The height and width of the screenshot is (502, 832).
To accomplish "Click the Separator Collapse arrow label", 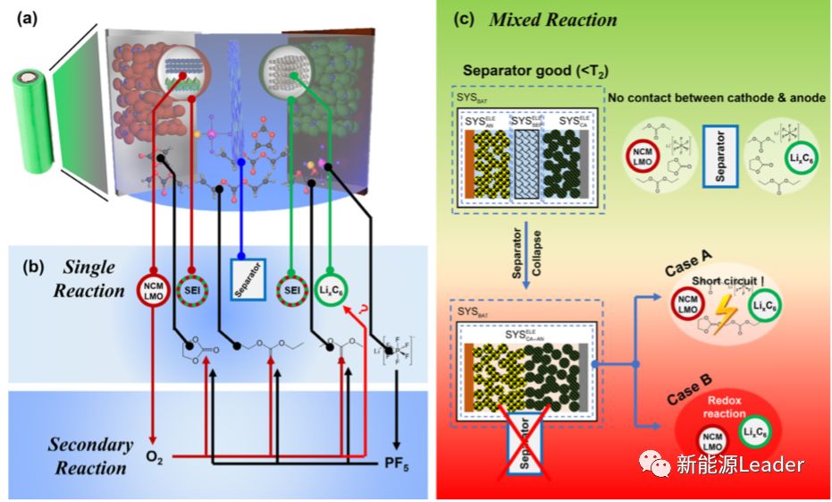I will [x=521, y=260].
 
